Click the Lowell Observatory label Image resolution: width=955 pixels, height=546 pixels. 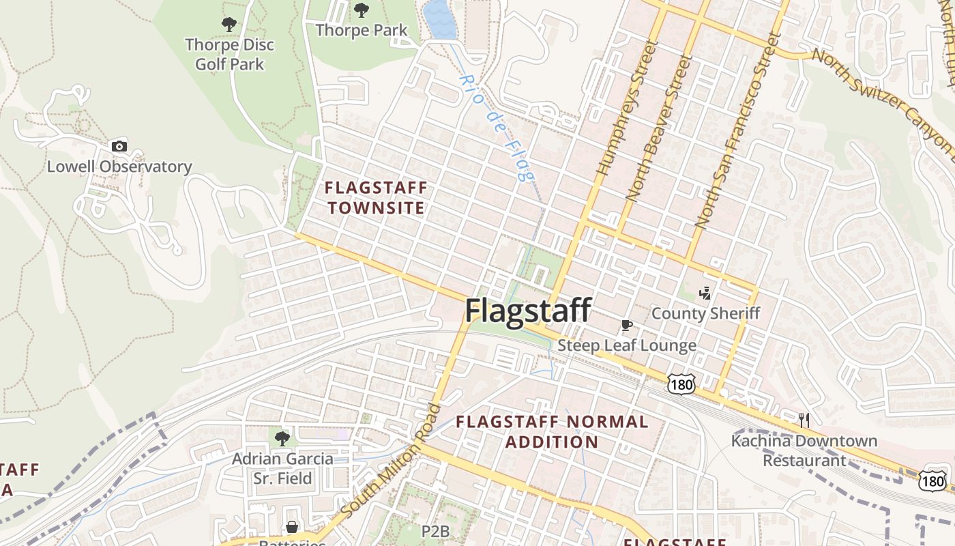click(x=119, y=167)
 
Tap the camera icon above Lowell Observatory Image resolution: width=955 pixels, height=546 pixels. click(x=119, y=146)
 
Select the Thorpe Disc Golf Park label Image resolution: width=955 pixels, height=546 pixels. click(x=230, y=55)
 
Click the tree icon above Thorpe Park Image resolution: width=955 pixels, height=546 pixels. click(x=361, y=10)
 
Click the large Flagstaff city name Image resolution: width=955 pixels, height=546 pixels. click(x=527, y=311)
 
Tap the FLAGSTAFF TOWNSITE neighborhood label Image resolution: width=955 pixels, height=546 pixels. click(x=375, y=197)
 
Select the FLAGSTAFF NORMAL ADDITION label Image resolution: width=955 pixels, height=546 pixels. click(x=552, y=431)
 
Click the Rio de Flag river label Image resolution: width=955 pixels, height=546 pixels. click(x=496, y=128)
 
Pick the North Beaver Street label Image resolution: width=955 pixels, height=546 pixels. click(x=659, y=128)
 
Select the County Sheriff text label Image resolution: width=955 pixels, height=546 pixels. click(x=705, y=313)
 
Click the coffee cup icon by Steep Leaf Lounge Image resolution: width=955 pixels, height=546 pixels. click(x=627, y=325)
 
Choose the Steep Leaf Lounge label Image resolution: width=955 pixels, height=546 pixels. click(x=627, y=345)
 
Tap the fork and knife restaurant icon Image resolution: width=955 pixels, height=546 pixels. click(x=804, y=419)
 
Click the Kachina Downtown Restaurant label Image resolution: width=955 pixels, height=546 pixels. click(x=804, y=450)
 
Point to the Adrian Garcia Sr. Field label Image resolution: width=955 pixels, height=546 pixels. click(x=282, y=468)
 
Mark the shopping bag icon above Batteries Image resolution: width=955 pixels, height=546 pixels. click(x=292, y=527)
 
